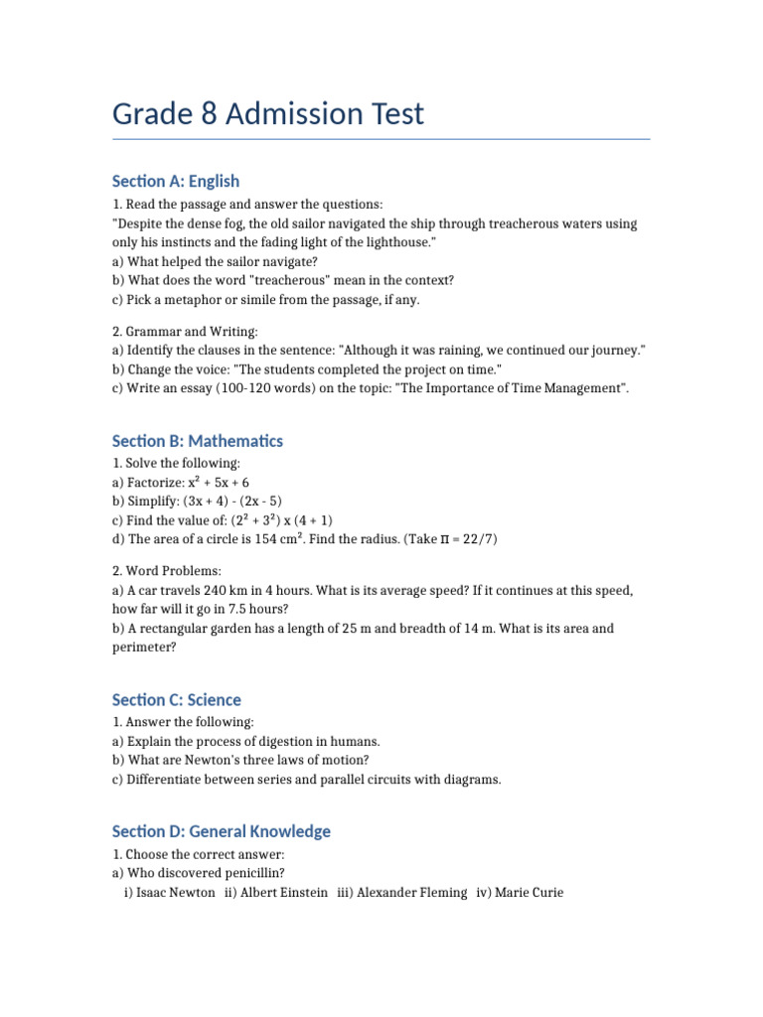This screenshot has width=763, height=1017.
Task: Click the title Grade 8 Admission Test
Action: [x=268, y=114]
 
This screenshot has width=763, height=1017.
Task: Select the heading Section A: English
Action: [x=176, y=181]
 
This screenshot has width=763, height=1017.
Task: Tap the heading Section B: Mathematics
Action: [x=198, y=441]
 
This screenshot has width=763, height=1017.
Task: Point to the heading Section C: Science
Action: [x=177, y=700]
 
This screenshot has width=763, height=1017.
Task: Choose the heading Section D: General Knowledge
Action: [x=222, y=831]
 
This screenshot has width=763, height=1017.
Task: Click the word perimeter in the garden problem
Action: [x=145, y=648]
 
